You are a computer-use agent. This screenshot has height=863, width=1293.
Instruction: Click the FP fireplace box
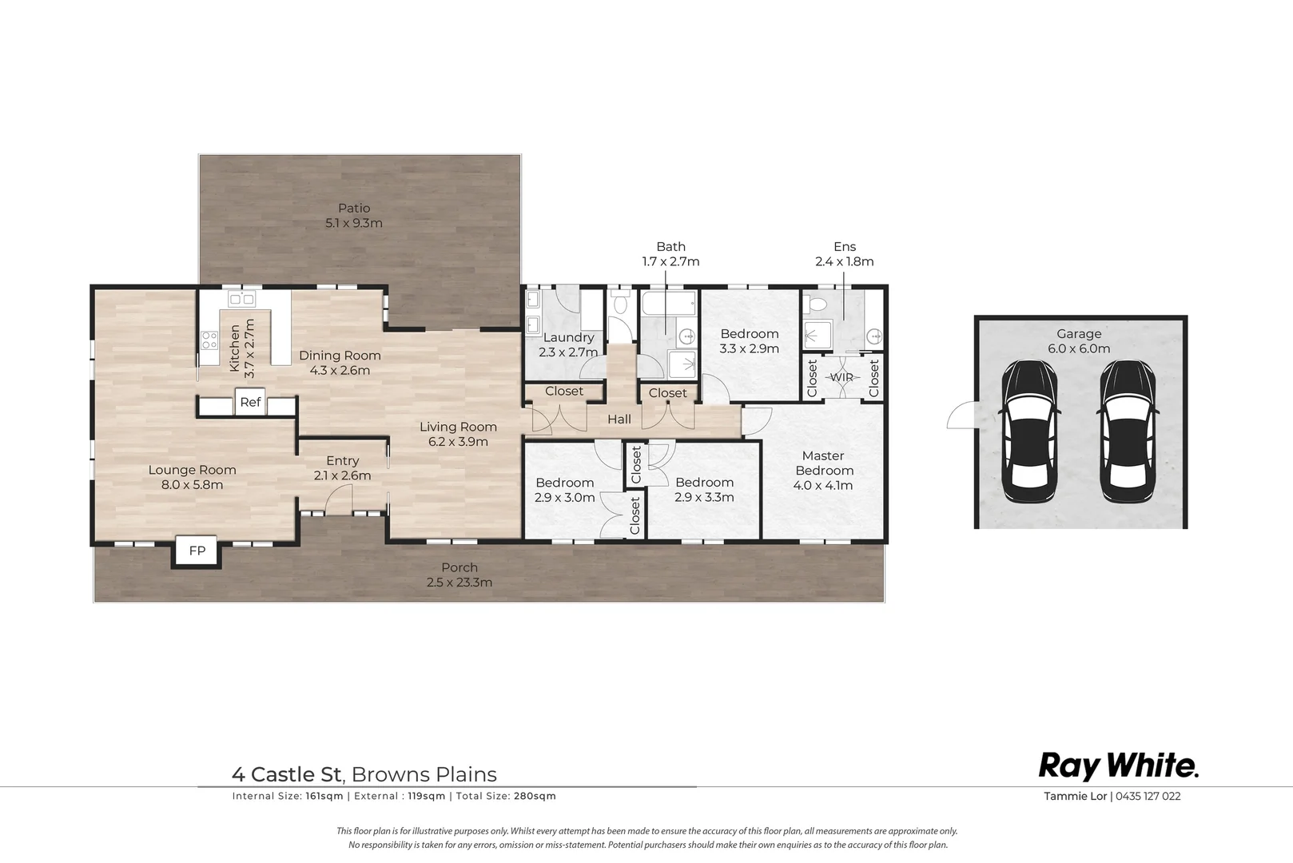[x=197, y=551]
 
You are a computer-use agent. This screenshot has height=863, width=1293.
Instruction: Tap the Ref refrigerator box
[x=250, y=402]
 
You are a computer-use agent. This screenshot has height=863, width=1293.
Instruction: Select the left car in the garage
[x=1030, y=431]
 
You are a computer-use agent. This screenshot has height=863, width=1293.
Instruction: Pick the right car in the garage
[x=1128, y=431]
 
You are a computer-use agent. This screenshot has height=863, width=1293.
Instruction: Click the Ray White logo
[x=1118, y=767]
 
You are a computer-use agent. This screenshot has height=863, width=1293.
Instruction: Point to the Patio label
[x=354, y=209]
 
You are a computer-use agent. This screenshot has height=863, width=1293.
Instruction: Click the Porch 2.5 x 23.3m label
[x=460, y=575]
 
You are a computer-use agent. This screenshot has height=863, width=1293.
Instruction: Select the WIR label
[x=841, y=377]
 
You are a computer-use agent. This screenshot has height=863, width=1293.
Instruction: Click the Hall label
[x=619, y=420]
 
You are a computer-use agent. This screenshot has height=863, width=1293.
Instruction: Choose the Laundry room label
[x=568, y=338]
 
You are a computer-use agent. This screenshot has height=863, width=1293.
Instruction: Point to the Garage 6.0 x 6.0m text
[x=1079, y=341]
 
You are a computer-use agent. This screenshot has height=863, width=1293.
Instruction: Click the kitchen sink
[x=242, y=298]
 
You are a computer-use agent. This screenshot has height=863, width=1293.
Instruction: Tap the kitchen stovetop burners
[x=209, y=340]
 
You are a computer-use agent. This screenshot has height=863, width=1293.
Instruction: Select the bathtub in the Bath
[x=669, y=303]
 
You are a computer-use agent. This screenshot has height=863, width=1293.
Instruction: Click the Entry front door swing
[x=339, y=500]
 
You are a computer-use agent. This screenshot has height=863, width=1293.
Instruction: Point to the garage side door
[x=962, y=415]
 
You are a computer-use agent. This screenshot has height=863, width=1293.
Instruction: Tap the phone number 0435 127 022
[x=1148, y=797]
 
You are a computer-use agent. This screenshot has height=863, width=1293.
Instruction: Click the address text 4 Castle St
[x=288, y=774]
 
